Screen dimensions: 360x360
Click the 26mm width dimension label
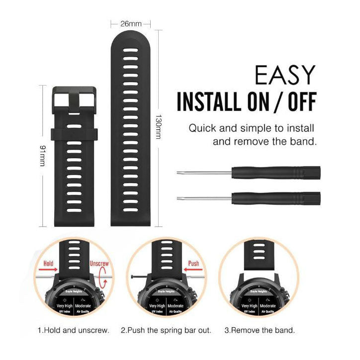pyautogui.click(x=131, y=23)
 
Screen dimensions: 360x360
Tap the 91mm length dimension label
pyautogui.click(x=43, y=156)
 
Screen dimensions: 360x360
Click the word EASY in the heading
pyautogui.click(x=285, y=76)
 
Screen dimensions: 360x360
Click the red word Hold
pyautogui.click(x=48, y=263)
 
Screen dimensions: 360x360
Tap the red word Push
pyautogui.click(x=193, y=263)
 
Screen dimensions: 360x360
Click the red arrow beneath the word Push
pyautogui.click(x=193, y=271)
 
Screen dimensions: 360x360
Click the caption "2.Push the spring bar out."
pyautogui.click(x=166, y=330)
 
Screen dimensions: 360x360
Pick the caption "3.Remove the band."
pyautogui.click(x=260, y=330)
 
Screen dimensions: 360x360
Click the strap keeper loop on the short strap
pyautogui.click(x=75, y=134)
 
